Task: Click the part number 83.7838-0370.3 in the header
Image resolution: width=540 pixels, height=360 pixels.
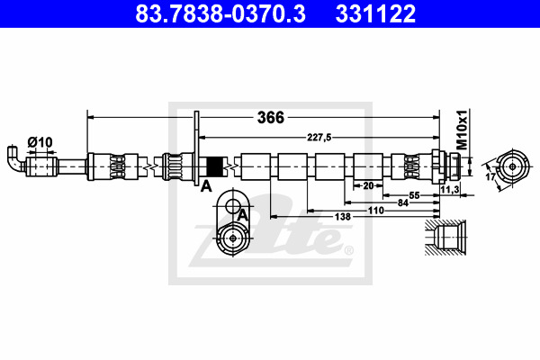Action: [220, 13]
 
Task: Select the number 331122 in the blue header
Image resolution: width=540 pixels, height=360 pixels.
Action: [375, 13]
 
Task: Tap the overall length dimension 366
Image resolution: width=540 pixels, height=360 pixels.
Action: [271, 118]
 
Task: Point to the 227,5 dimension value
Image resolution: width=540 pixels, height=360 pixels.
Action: [319, 138]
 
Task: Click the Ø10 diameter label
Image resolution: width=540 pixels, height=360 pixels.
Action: [40, 142]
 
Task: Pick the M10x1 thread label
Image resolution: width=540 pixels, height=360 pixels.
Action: [462, 130]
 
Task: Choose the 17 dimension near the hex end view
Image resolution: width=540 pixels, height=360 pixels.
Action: [490, 176]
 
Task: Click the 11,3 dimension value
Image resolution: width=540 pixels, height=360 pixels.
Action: [450, 189]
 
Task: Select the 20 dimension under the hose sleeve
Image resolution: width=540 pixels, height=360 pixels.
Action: [368, 185]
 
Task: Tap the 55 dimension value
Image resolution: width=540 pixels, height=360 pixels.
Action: [414, 195]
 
